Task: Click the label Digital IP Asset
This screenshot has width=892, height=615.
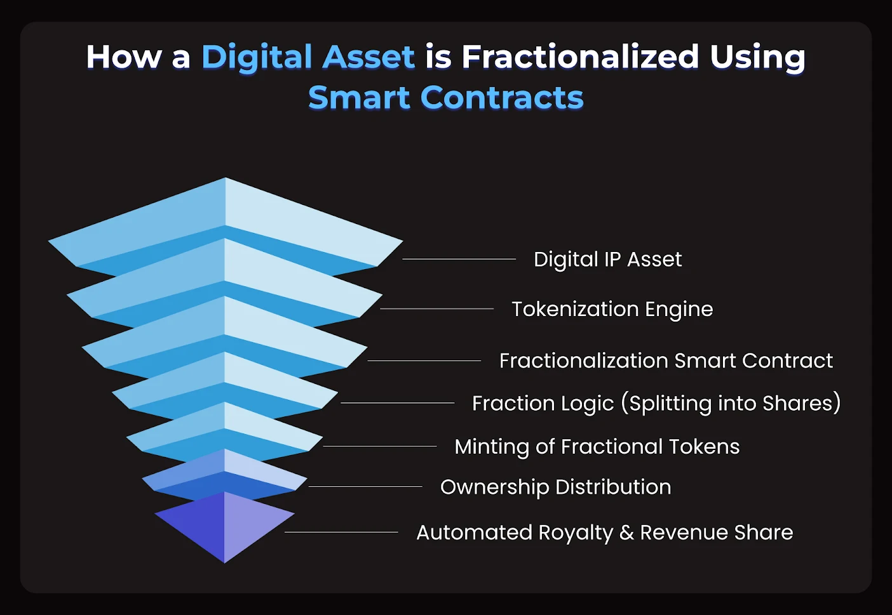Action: tap(607, 259)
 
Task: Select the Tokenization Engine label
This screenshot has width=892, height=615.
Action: tap(612, 309)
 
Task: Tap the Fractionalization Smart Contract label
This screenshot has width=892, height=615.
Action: tap(665, 360)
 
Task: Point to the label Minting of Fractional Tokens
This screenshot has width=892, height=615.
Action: tap(597, 446)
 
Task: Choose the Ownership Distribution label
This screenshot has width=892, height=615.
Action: tap(555, 487)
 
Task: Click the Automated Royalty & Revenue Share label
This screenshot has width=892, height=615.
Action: tap(604, 532)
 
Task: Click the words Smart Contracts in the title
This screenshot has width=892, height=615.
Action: tap(445, 98)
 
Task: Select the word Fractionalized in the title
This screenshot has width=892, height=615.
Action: tap(579, 57)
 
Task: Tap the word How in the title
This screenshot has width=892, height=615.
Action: tap(124, 57)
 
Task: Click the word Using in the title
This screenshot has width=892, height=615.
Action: tap(757, 57)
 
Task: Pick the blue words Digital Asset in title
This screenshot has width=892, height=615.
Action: tap(308, 57)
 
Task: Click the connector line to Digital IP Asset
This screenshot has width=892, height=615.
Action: tap(459, 259)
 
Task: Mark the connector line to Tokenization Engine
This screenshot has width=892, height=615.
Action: tap(436, 309)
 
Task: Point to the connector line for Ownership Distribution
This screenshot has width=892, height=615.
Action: tap(365, 487)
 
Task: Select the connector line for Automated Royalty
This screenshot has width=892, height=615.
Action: tap(341, 532)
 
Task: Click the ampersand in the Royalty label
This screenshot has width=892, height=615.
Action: tap(626, 532)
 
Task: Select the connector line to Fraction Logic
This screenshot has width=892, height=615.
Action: tap(397, 403)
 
